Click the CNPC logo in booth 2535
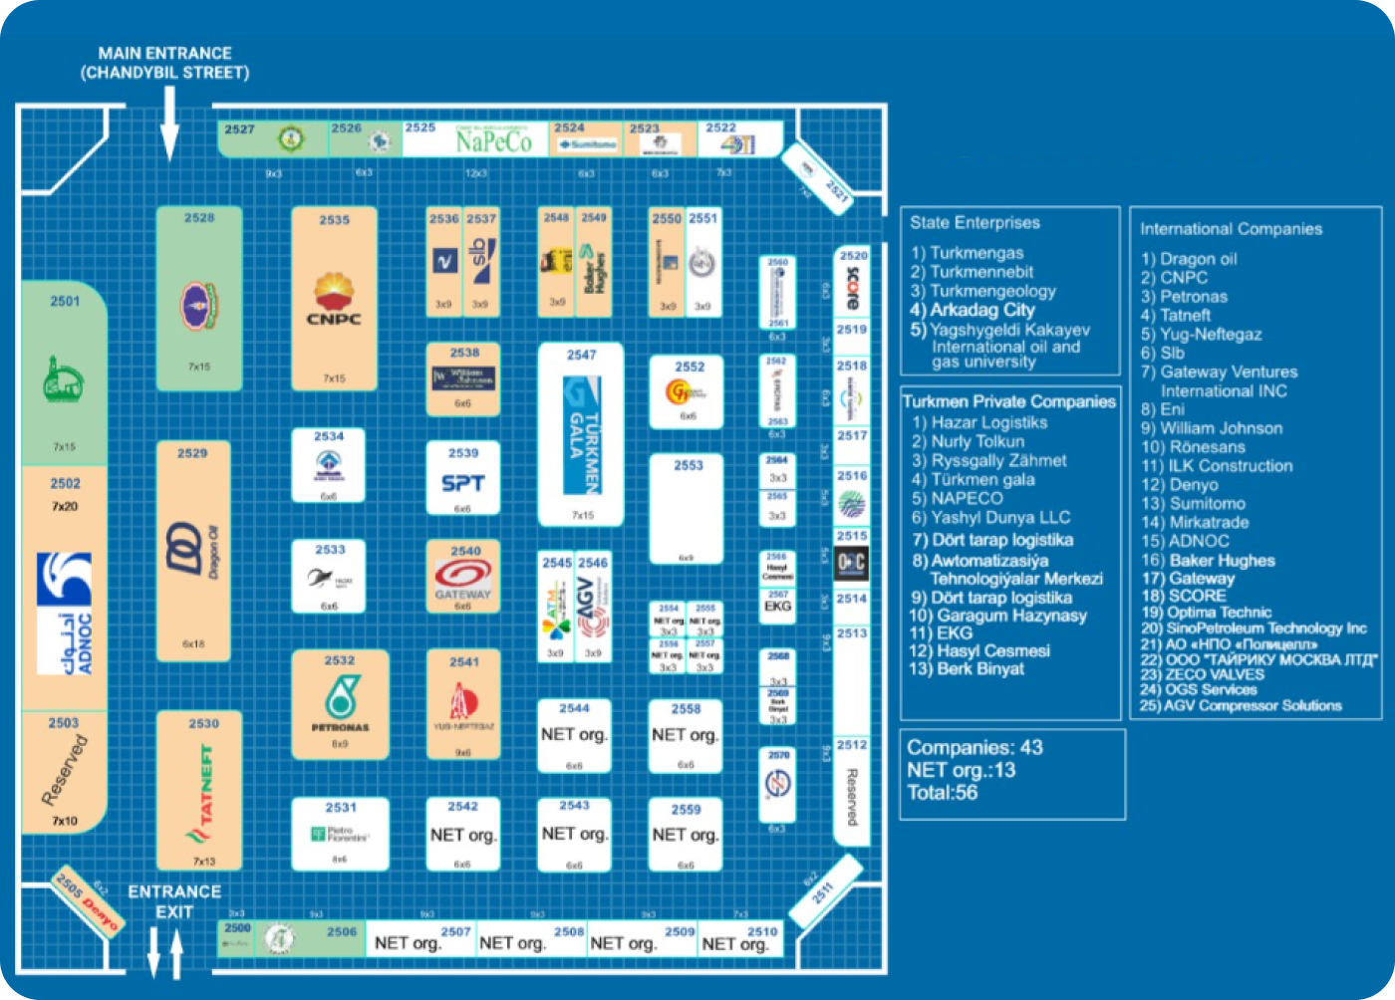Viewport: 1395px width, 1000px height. coord(334,300)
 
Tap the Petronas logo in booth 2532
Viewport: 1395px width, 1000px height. coord(339,701)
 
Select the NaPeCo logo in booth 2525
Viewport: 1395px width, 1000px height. coord(493,142)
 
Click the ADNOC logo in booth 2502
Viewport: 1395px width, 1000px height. coord(64,614)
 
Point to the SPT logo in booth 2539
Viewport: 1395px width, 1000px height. coord(462,484)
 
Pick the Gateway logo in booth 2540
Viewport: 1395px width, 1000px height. coord(462,579)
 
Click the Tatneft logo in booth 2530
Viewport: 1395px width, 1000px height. coord(203,796)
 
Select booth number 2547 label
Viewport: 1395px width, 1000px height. coord(581,355)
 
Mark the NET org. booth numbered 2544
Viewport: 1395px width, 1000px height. coord(574,735)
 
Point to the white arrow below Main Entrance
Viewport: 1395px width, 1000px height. coord(169,123)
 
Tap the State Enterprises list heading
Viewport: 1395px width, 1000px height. coord(974,223)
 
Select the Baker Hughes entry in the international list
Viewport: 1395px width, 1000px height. coord(1208,560)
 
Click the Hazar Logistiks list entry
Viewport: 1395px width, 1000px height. coord(979,422)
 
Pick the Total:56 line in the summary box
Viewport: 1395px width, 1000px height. coord(943,793)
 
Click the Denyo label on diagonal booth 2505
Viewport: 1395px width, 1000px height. coord(100,910)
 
